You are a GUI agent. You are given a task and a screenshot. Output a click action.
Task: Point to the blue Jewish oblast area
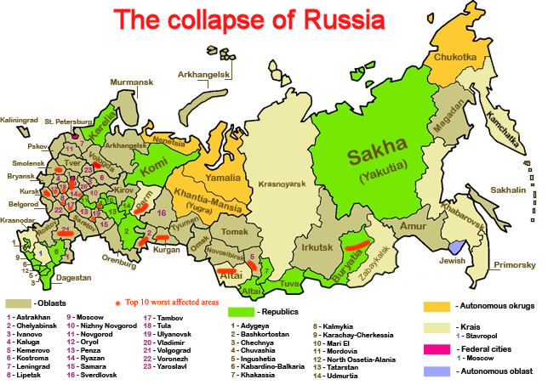(x=459, y=245)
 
